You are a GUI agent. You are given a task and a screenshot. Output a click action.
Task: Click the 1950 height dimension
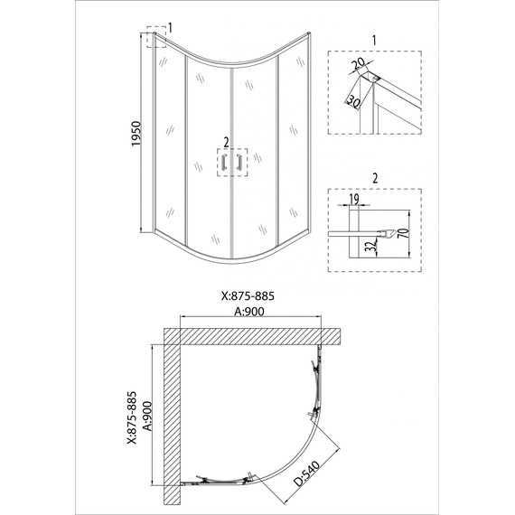coord(136,134)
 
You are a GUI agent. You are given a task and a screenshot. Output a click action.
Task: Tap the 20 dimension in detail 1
coord(357,65)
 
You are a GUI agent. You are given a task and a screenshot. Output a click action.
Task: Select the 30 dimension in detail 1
coord(353,101)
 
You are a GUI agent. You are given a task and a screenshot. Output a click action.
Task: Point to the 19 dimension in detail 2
coord(354,199)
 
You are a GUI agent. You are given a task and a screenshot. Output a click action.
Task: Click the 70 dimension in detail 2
coord(405,232)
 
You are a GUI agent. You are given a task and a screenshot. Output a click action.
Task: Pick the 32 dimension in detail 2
coord(370,246)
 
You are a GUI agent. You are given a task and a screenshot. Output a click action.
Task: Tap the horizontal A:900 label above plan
coord(249,312)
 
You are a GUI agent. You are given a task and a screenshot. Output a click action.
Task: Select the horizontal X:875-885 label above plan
coord(248,296)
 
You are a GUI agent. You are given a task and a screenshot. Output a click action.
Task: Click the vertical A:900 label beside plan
coord(148,416)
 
